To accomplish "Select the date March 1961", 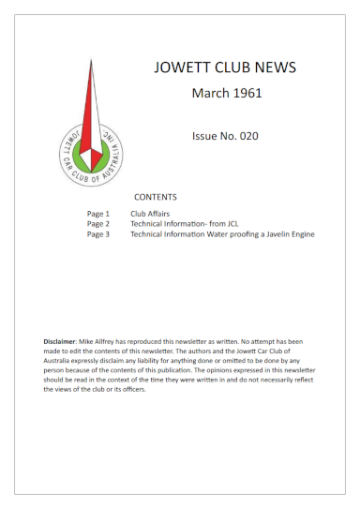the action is pos(226,93).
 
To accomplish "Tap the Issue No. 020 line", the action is pos(225,136).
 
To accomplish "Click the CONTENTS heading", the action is pos(156,198).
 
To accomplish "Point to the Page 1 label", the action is pos(98,214).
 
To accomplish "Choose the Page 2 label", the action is pos(98,224).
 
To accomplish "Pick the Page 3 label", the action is pos(98,234).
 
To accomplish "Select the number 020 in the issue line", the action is pos(247,136).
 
